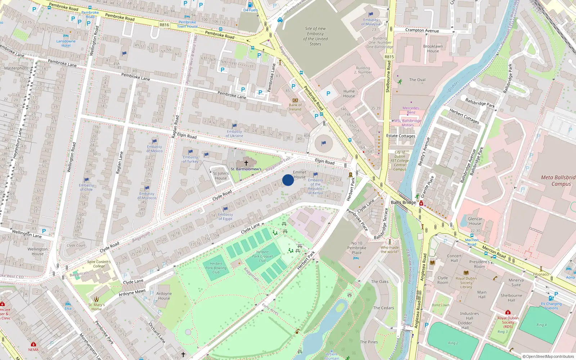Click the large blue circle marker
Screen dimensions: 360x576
point(288,180)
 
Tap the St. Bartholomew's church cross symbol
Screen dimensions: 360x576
point(246,163)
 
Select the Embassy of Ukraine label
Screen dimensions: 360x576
point(234,134)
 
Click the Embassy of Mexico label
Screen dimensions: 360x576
point(154,149)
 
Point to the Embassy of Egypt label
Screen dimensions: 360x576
point(225,216)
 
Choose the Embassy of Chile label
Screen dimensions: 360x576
point(86,187)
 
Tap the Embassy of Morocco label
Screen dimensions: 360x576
point(147,195)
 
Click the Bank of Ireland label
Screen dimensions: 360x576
point(295,107)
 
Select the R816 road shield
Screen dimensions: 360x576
point(164,25)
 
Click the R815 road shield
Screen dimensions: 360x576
point(389,57)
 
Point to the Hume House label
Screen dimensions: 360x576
point(349,94)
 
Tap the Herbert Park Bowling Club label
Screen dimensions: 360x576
point(216,268)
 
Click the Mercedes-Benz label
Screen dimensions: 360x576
point(411,110)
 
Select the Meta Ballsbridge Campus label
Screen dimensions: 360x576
point(558,181)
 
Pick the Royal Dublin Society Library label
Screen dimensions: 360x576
point(466,283)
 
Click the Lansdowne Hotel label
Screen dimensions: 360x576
point(66,43)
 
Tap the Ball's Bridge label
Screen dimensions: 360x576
point(403,202)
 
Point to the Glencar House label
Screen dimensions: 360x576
point(475,221)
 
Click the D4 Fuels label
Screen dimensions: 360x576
point(250,10)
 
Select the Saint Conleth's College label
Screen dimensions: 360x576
point(99,264)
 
